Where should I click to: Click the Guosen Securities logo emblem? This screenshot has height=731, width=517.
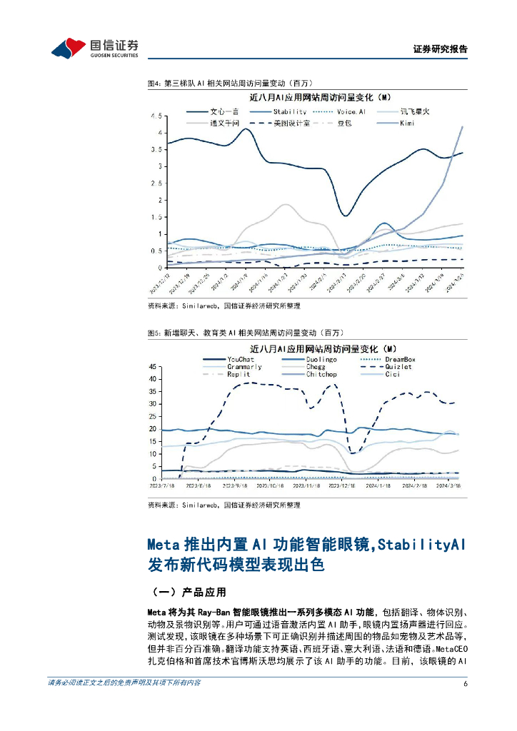coord(69,48)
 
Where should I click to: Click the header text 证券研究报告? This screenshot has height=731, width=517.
coord(441,49)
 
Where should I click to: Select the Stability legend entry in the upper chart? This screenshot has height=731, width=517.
coord(289,111)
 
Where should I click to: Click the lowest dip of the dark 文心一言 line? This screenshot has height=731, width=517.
coord(345,216)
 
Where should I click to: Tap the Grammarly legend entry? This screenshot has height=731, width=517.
coord(244,367)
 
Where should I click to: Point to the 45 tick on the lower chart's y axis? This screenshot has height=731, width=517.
coord(152,366)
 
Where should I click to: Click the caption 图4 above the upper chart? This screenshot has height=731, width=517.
coord(153,84)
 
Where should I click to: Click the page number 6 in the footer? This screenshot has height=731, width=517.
coord(465,683)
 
